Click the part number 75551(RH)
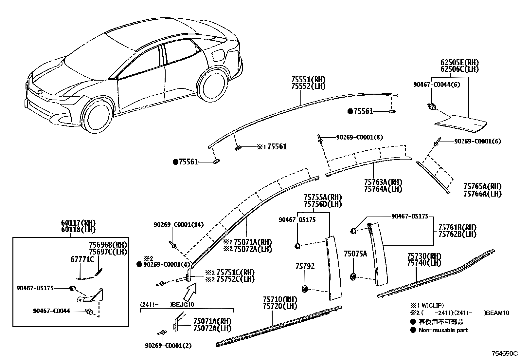coord(309,80)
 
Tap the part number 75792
coord(305,266)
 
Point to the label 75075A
coord(355,254)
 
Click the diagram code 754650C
coord(504,354)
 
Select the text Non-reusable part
coord(443,330)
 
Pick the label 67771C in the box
coord(82,259)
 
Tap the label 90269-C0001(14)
coord(179,225)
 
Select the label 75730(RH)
coord(424,256)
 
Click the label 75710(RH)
coord(280,299)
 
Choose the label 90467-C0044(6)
coord(437,85)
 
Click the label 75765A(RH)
coord(482,186)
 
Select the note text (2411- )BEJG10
coord(167,304)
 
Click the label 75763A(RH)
coord(383,182)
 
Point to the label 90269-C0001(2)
coord(168,345)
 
